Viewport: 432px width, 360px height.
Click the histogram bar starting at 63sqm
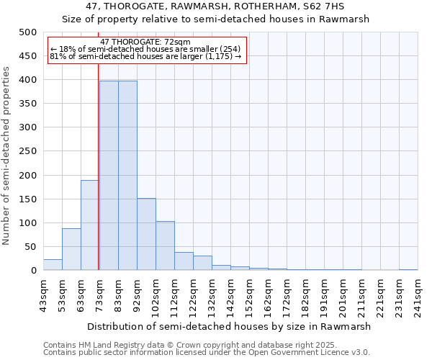90,225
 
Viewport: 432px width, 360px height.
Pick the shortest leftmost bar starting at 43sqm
53,265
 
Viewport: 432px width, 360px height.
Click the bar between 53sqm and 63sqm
71,249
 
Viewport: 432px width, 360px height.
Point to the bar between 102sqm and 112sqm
165,246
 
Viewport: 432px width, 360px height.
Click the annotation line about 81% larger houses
145,56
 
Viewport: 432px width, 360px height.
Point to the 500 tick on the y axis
28,32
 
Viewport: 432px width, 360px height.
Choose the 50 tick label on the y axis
31,247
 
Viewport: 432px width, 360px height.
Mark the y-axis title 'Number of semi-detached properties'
6,156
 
